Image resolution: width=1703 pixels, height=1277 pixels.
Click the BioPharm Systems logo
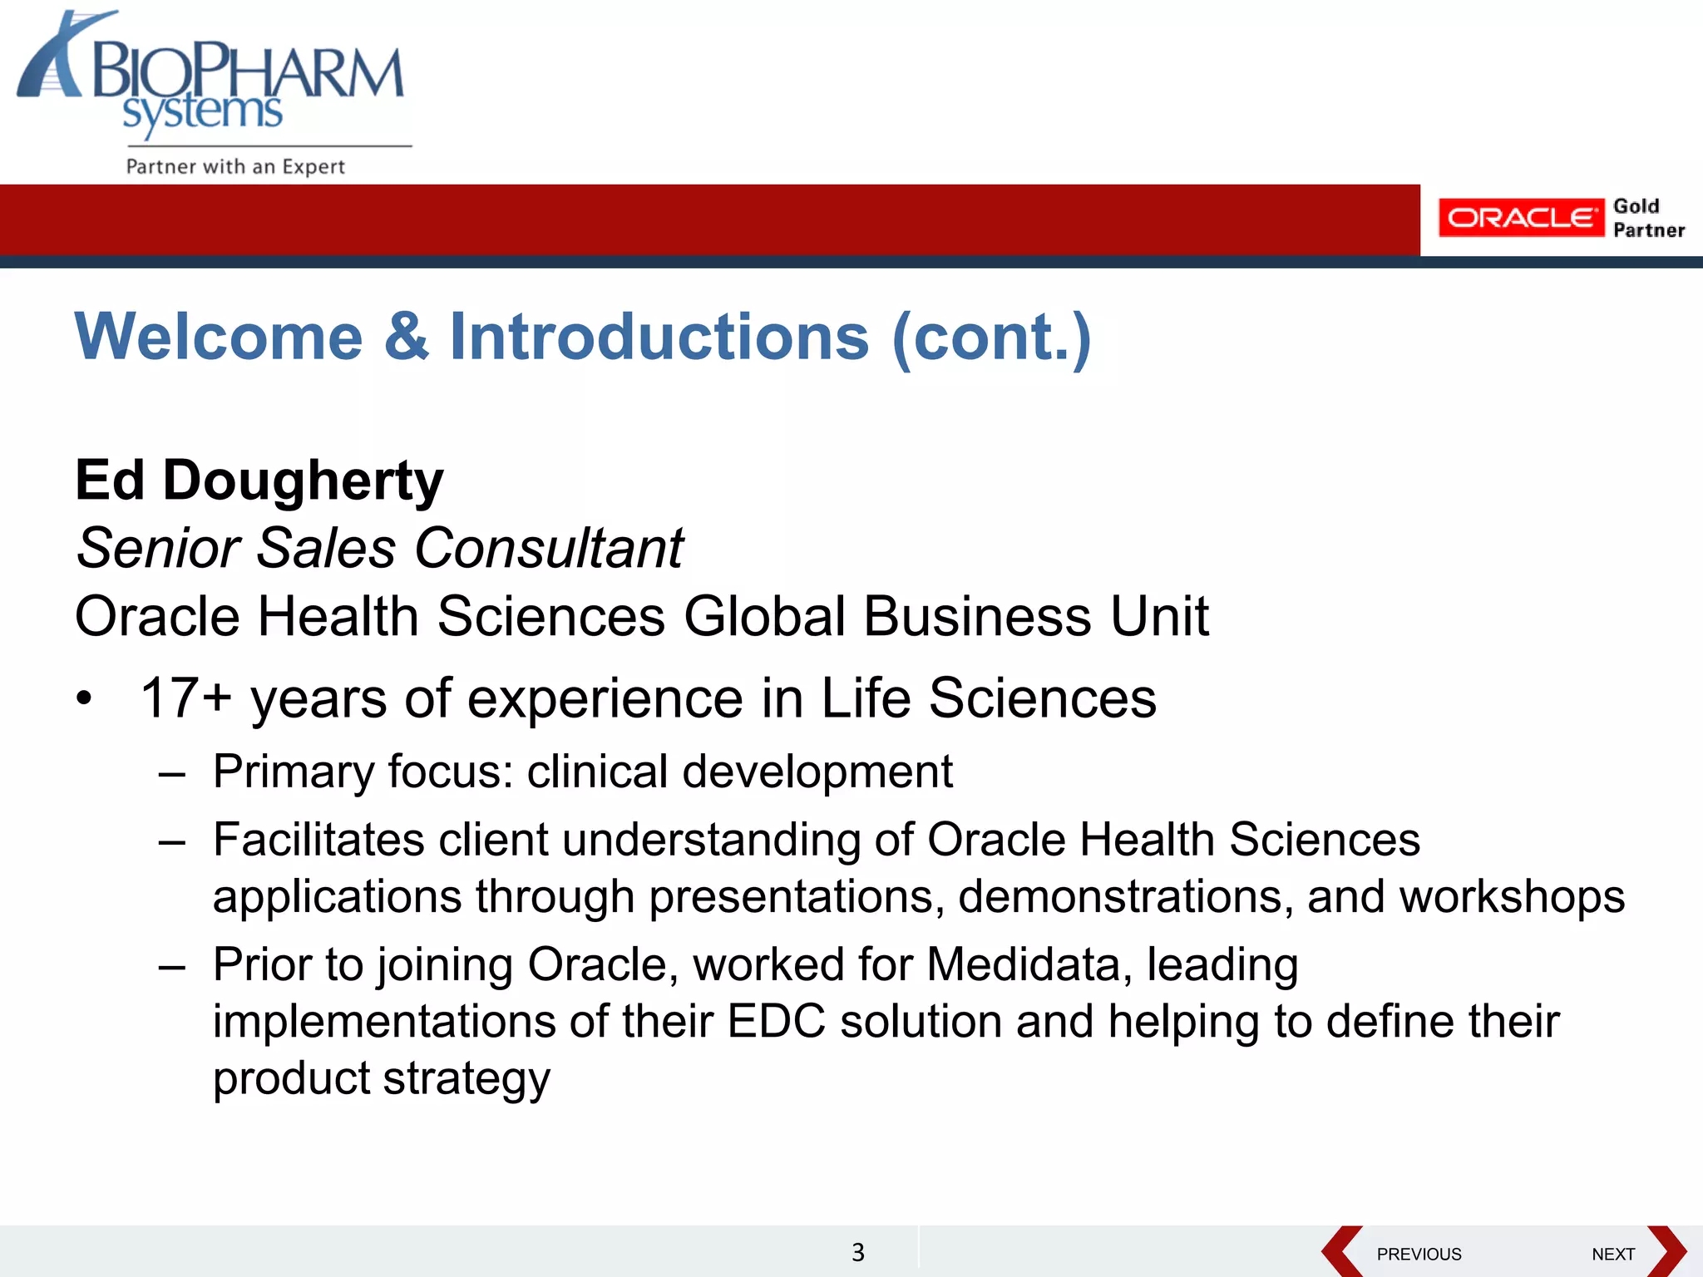pyautogui.click(x=212, y=79)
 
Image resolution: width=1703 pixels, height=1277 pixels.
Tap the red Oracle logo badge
pyautogui.click(x=1520, y=218)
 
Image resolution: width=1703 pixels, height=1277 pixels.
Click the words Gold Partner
pyautogui.click(x=1648, y=218)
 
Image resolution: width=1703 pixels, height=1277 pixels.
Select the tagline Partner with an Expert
pyautogui.click(x=235, y=166)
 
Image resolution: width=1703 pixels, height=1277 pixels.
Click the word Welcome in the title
pyautogui.click(x=219, y=337)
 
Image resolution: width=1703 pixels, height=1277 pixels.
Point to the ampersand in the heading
pyautogui.click(x=407, y=337)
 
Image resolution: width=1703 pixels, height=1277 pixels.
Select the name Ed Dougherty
pyautogui.click(x=259, y=481)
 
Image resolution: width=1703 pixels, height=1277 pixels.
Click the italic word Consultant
pyautogui.click(x=549, y=549)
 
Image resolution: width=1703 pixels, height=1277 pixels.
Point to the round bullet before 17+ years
pyautogui.click(x=84, y=699)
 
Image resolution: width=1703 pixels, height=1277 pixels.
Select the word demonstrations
pyautogui.click(x=1125, y=897)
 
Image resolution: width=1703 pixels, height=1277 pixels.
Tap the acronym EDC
pyautogui.click(x=776, y=1022)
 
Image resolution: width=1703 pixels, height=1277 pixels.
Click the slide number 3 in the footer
pyautogui.click(x=858, y=1252)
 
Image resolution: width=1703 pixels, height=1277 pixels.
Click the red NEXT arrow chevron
pyautogui.click(x=1666, y=1251)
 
